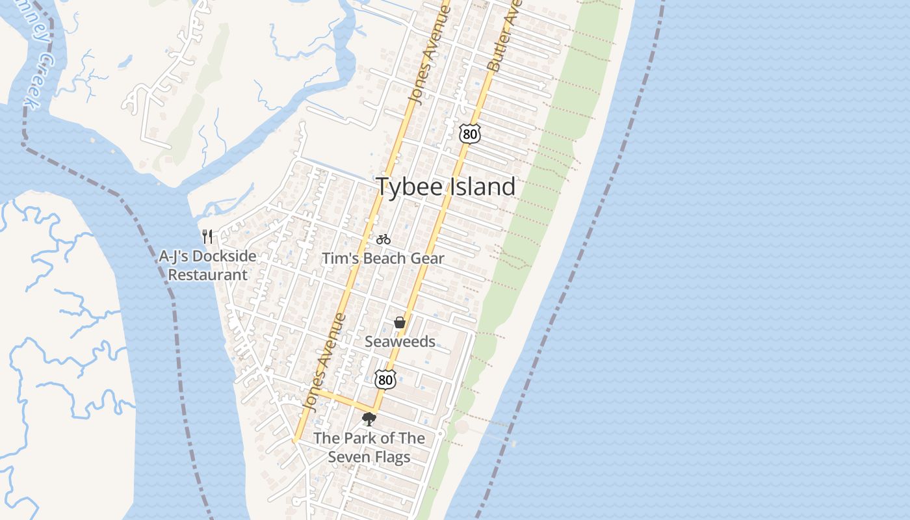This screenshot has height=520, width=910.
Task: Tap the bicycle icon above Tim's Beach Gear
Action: point(383,239)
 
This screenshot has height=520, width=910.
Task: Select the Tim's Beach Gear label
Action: point(383,258)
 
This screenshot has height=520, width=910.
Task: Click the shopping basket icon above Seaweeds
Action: point(400,322)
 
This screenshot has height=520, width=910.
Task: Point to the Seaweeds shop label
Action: point(400,341)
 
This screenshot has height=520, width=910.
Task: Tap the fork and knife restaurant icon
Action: point(207,236)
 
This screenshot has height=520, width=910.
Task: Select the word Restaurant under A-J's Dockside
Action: point(208,274)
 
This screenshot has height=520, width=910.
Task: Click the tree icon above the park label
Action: point(369,419)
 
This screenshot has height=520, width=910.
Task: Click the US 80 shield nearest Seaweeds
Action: point(385,379)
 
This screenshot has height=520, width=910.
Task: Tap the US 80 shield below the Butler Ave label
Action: point(469,133)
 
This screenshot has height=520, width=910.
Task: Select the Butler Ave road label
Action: point(502,36)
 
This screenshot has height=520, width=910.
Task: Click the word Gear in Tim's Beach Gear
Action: point(425,258)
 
